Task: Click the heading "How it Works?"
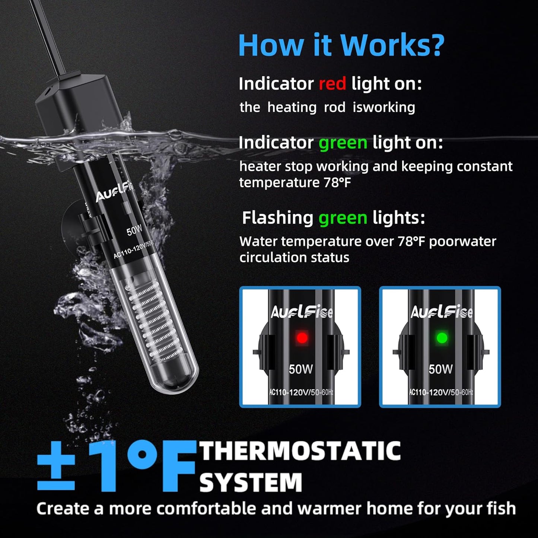341,45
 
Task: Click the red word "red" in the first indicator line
332,83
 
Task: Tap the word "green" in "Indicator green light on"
343,143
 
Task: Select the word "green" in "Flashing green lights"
343,218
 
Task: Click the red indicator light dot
302,338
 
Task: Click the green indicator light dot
442,338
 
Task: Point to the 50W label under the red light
301,369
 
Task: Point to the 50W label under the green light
440,369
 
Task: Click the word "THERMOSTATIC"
300,451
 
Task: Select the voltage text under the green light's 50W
441,392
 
